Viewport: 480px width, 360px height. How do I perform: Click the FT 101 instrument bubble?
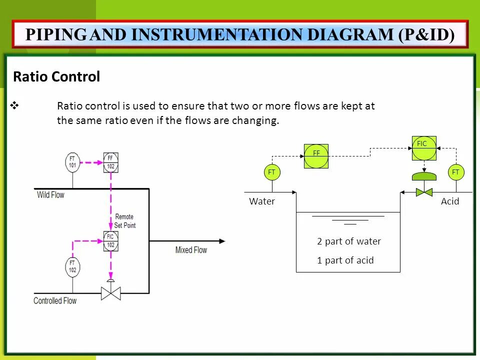pyautogui.click(x=72, y=162)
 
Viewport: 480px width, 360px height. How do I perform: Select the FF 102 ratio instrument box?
pyautogui.click(x=110, y=162)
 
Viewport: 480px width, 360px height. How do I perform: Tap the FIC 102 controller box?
pyautogui.click(x=110, y=241)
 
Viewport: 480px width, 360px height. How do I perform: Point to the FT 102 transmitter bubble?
pyautogui.click(x=72, y=266)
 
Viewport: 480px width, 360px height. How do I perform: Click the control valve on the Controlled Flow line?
pyautogui.click(x=110, y=293)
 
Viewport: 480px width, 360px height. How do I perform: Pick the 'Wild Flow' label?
pyautogui.click(x=50, y=194)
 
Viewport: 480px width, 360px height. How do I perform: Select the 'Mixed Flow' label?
pyautogui.click(x=191, y=249)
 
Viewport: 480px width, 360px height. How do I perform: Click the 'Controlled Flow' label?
pyautogui.click(x=55, y=300)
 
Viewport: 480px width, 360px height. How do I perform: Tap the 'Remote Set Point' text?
pyautogui.click(x=124, y=221)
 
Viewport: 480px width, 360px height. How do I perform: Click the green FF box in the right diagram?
pyautogui.click(x=316, y=156)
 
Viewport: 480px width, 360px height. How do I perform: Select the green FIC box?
pyautogui.click(x=424, y=148)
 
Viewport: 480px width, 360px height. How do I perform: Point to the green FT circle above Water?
pyautogui.click(x=272, y=172)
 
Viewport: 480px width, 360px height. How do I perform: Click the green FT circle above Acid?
pyautogui.click(x=455, y=172)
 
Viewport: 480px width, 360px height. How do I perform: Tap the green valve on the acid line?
pyautogui.click(x=424, y=191)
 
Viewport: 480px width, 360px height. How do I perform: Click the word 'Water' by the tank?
pyautogui.click(x=262, y=201)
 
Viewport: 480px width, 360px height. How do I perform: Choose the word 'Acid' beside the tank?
pyautogui.click(x=450, y=201)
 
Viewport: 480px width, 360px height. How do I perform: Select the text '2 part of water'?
pyautogui.click(x=348, y=241)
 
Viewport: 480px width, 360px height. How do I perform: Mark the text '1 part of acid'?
pyautogui.click(x=345, y=260)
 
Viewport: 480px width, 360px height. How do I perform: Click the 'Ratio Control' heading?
pyautogui.click(x=56, y=77)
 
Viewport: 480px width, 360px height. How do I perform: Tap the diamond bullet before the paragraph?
pyautogui.click(x=14, y=105)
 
